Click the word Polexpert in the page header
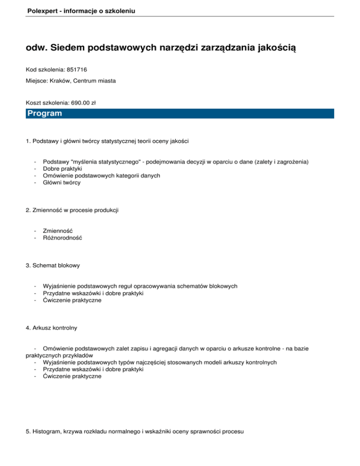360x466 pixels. click(43, 9)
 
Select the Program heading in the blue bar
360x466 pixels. click(45, 114)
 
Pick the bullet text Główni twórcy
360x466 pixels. click(61, 183)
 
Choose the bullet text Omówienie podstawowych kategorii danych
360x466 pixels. click(101, 175)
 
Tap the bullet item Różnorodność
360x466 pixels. click(62, 238)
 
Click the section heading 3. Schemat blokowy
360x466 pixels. click(53, 265)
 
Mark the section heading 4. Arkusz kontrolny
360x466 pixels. click(52, 328)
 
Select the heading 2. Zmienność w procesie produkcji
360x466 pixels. click(72, 210)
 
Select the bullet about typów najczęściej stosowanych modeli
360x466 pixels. click(159, 362)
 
